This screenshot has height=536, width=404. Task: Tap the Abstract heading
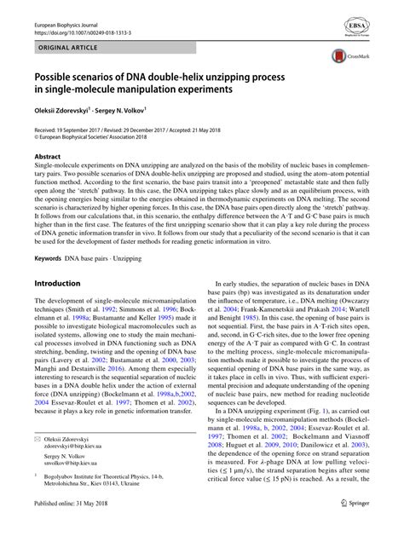click(47, 157)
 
